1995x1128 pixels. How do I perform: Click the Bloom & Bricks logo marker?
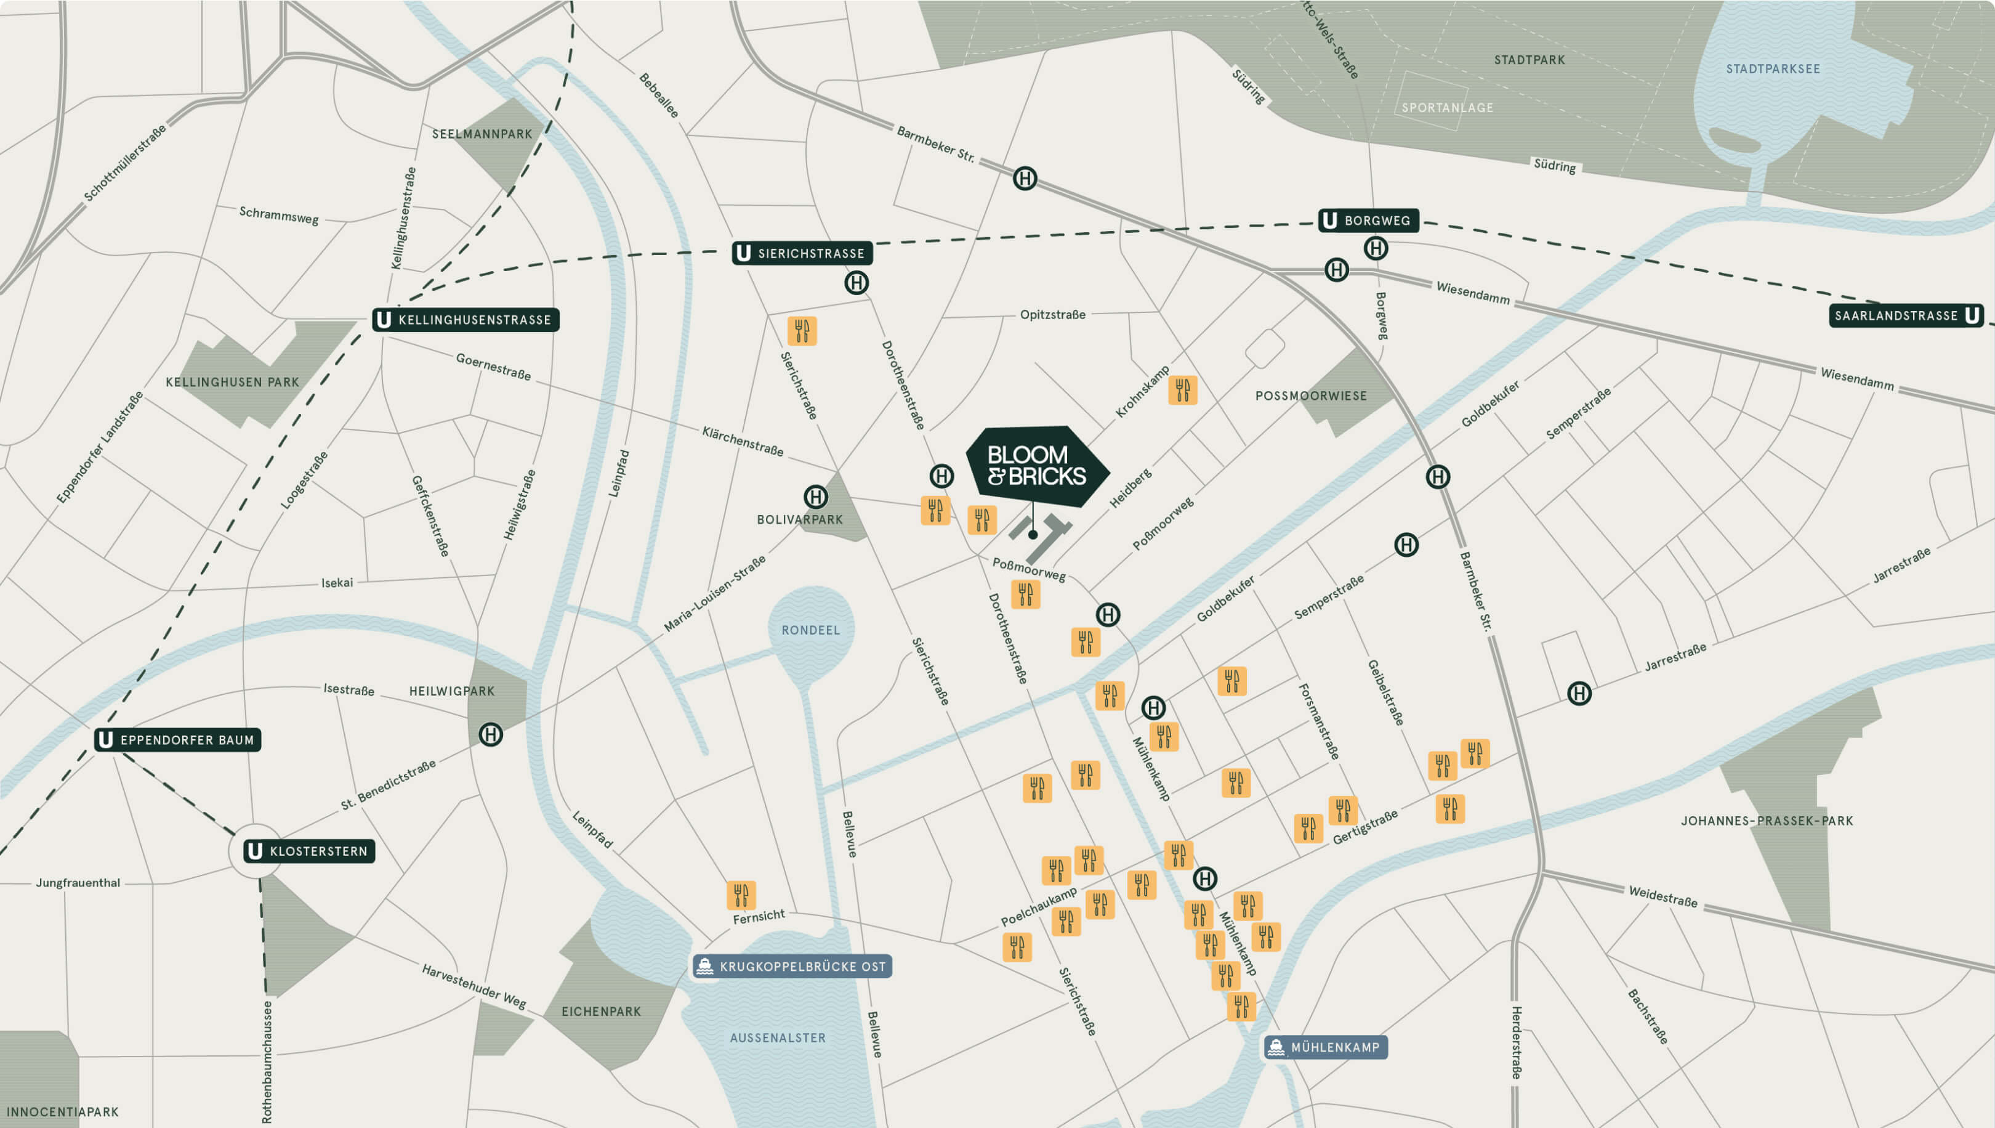pos(1036,466)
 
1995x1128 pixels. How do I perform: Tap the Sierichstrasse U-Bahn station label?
pos(802,253)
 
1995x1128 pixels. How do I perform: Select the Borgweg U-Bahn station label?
pos(1368,221)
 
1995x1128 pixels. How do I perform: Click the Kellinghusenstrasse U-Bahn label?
pos(465,320)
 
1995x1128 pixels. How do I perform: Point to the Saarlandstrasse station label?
pos(1905,316)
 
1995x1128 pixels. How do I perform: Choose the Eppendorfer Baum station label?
pos(177,740)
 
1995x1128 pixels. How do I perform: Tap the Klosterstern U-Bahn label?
pos(309,851)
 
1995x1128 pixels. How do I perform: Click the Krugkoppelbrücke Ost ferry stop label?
pos(792,967)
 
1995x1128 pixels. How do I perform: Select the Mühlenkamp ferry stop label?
pos(1325,1047)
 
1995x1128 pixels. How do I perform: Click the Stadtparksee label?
pos(1773,69)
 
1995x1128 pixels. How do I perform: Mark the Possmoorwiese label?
pos(1310,396)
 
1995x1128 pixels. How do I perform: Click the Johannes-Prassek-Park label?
pos(1767,821)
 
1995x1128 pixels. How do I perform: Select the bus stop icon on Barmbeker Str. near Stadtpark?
pos(1025,179)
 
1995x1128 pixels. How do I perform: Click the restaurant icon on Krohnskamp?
pos(1182,391)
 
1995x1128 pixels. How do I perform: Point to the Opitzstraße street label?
pos(1052,315)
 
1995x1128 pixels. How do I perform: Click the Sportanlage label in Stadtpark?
pos(1447,108)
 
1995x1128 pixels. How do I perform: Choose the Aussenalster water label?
pos(778,1038)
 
